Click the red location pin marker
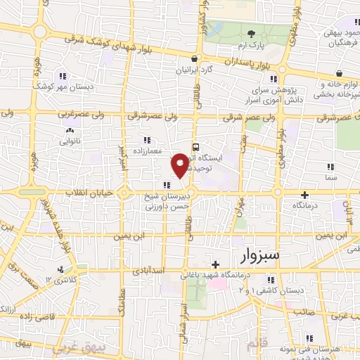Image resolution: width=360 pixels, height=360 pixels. tap(180, 165)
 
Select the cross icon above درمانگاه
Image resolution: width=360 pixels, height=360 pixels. tap(304, 194)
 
